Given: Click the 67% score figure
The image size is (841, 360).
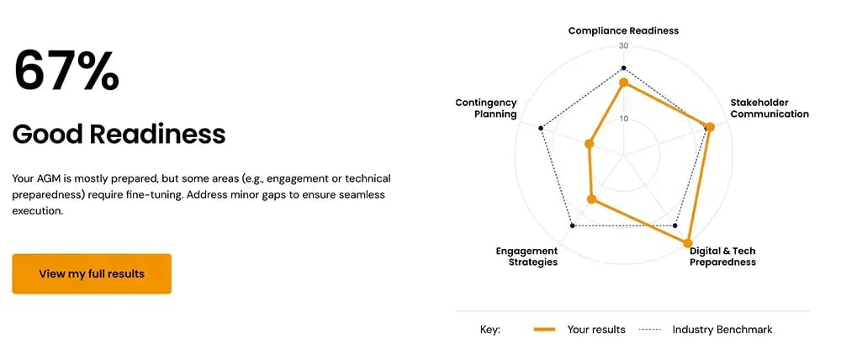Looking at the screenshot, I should pos(66,71).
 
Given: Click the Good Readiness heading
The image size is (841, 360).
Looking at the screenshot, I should pos(119,134).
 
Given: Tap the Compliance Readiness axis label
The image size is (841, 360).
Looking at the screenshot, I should pos(623,30).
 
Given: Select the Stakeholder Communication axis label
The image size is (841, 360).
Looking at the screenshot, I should pos(769,109).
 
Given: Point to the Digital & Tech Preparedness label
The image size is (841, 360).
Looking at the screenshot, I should pos(722,257).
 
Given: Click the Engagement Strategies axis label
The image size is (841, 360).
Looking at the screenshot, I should pos(526,257).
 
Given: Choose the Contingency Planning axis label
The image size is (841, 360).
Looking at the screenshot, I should pos(486,109).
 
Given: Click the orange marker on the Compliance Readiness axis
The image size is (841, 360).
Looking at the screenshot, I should pos(623,83).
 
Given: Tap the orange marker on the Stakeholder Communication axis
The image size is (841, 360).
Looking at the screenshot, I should pos(709,128).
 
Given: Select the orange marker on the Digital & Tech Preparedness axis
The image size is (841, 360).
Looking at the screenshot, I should pos(688,243).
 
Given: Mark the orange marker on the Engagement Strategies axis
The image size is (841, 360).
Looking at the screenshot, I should pos(591,200).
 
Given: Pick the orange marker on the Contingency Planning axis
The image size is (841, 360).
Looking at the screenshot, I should pos(589,145).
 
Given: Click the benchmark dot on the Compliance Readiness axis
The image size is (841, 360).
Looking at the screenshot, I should pos(623,67).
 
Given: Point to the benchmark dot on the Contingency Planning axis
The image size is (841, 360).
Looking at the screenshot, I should pos(541,129).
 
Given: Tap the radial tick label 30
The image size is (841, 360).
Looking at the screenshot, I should pos(623,46).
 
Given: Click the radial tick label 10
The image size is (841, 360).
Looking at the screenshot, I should pos(623,119).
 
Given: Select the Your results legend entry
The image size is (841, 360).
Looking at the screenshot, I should pos(580,330).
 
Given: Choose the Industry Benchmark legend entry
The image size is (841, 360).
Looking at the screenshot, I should pos(706,330).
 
